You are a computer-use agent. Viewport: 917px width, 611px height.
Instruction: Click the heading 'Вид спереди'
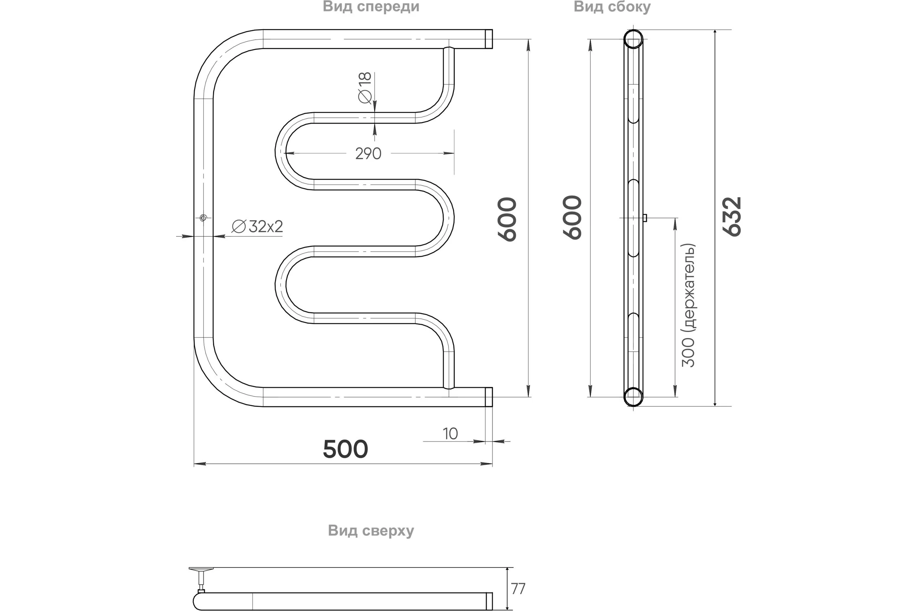(371, 7)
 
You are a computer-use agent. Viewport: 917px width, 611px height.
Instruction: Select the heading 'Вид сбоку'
(612, 7)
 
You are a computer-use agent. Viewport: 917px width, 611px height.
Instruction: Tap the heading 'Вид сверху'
(371, 531)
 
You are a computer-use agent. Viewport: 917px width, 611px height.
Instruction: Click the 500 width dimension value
(345, 449)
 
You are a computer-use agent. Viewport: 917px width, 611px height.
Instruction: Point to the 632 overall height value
(732, 217)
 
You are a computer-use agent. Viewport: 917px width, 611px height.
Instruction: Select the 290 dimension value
(368, 154)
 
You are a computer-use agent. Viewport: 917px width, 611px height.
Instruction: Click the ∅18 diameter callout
(365, 88)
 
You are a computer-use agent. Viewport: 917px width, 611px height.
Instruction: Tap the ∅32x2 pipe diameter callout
(257, 226)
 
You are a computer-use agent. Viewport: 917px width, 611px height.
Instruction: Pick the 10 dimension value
(450, 434)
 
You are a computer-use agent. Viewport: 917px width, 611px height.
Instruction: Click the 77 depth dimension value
(518, 589)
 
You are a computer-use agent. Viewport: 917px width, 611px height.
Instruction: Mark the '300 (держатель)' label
(688, 305)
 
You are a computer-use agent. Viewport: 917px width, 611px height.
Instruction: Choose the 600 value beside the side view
(572, 217)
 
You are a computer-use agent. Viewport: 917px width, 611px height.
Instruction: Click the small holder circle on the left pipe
(203, 218)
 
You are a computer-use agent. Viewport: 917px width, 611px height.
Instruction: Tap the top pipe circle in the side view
(633, 39)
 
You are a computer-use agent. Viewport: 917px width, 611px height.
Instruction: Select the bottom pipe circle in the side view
(633, 397)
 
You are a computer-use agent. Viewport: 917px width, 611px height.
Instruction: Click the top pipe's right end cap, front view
(489, 39)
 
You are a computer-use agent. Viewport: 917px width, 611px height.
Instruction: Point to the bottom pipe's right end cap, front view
(489, 397)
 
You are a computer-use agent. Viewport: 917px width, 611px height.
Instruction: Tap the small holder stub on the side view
(645, 218)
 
